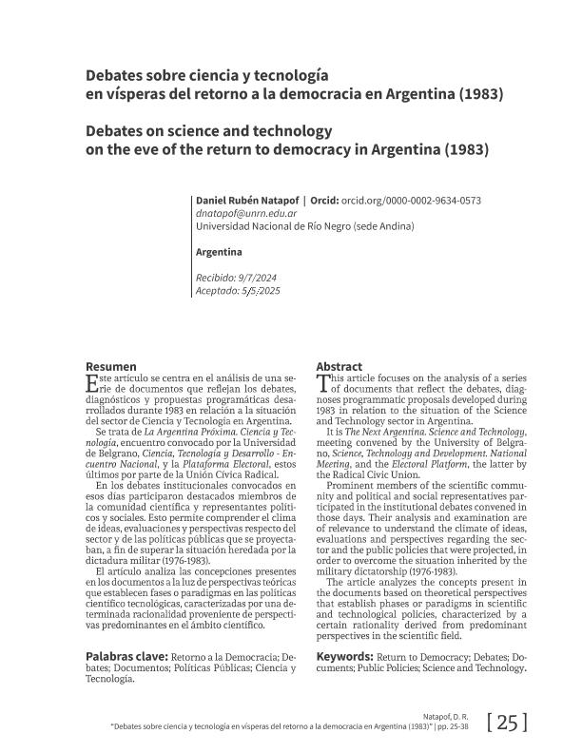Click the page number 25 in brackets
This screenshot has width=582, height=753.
coord(506,724)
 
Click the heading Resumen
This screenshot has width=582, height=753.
coord(111,367)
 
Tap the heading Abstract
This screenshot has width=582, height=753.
coord(339,367)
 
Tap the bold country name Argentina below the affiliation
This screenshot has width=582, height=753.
coord(218,252)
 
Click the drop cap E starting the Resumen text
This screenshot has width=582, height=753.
coord(91,383)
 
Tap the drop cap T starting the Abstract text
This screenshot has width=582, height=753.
coord(321,383)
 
